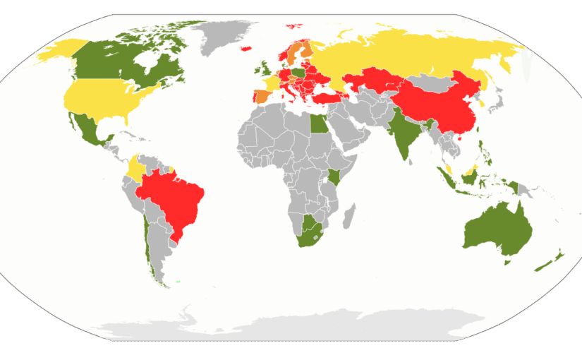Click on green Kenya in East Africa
pos(336,177)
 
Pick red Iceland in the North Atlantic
pos(247,48)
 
